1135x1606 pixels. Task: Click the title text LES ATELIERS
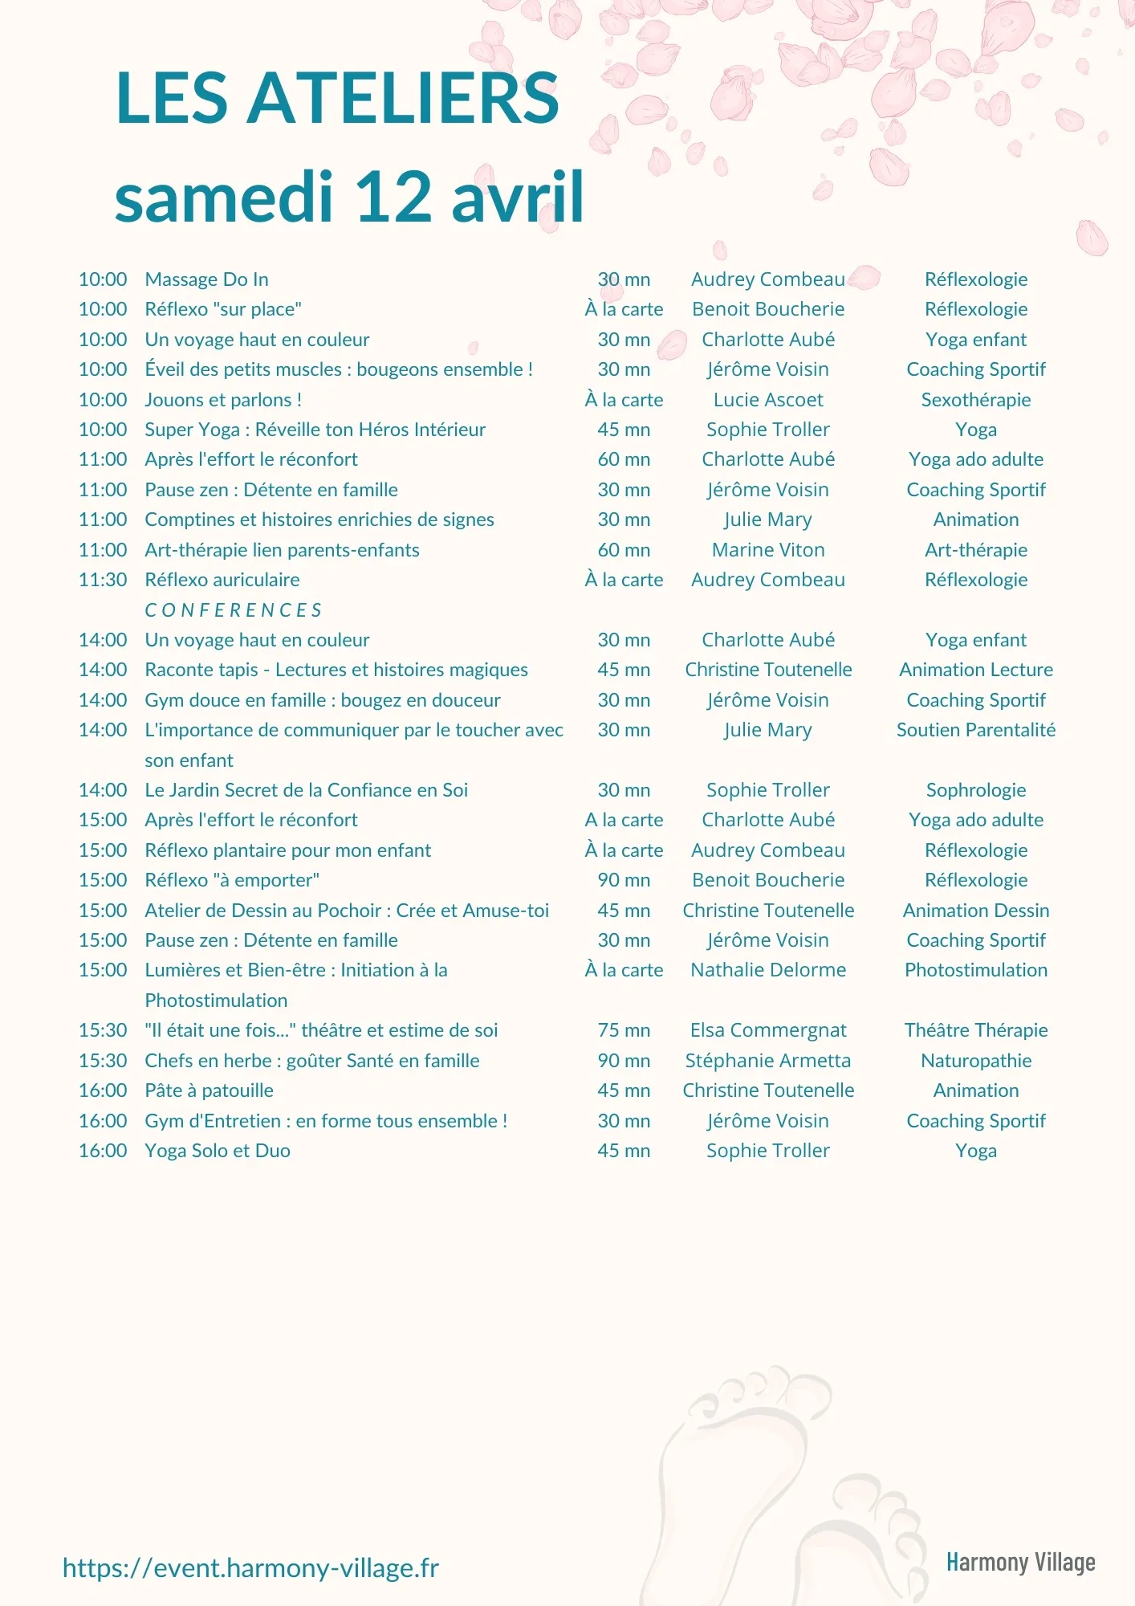click(337, 98)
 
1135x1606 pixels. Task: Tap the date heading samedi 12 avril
click(349, 198)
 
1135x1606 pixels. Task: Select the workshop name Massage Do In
click(206, 279)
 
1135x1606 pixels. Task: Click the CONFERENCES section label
click(233, 610)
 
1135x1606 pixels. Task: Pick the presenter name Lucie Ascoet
click(768, 400)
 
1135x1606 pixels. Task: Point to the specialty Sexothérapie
click(975, 400)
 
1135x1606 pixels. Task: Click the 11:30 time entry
click(103, 580)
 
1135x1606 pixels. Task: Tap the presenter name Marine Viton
click(768, 550)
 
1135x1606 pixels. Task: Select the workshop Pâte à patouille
click(209, 1090)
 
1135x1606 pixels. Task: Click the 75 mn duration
click(624, 1030)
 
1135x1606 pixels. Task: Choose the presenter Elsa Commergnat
click(768, 1030)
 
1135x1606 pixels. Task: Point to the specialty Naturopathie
click(975, 1061)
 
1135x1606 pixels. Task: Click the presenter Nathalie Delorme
click(768, 970)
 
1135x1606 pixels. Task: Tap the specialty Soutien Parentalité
click(975, 730)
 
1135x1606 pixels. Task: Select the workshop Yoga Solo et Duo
click(218, 1151)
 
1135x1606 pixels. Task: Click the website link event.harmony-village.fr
click(250, 1567)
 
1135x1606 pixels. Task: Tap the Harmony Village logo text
click(1020, 1562)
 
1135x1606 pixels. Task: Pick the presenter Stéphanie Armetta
click(768, 1061)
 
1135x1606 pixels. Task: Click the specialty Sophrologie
click(975, 790)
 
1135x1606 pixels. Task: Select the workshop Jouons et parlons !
click(223, 400)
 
